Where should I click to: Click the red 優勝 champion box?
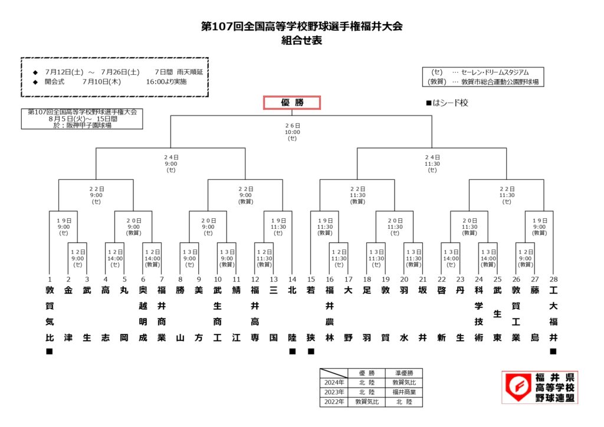[292, 103]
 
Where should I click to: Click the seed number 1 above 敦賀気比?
[50, 280]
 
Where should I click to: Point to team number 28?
[553, 280]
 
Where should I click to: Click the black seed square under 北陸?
[293, 351]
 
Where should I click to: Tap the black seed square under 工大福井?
[553, 351]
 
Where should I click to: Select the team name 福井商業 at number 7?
[162, 314]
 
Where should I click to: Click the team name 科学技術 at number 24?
[479, 314]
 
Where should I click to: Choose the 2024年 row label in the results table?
[334, 383]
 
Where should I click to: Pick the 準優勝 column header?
[404, 373]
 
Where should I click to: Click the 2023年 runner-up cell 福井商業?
[404, 392]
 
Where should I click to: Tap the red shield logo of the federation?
[518, 386]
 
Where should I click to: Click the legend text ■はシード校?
[447, 103]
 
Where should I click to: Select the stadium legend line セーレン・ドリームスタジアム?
[495, 73]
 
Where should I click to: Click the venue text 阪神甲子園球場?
[88, 126]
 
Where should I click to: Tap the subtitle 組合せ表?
[301, 41]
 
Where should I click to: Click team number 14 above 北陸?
[293, 280]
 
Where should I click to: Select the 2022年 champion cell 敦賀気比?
[367, 402]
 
